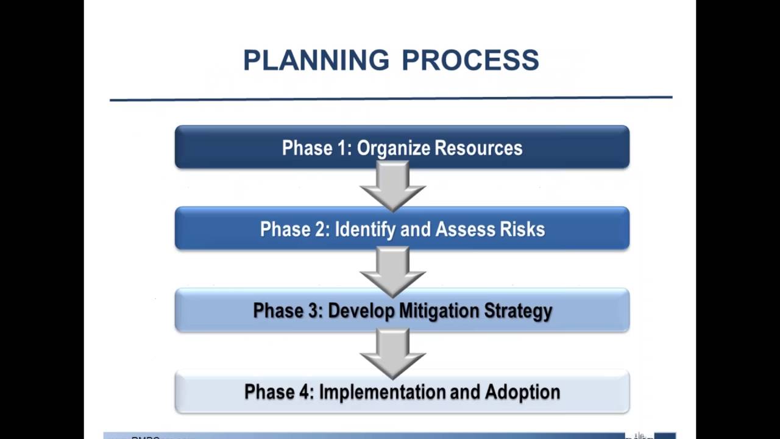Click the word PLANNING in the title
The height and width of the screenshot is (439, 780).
pos(316,60)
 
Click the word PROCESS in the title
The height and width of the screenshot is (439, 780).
pos(470,60)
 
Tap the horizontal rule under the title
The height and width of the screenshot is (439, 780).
pos(390,98)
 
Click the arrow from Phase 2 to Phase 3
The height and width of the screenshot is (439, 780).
pos(392,269)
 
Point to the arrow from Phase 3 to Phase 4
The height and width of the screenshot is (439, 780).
pos(392,352)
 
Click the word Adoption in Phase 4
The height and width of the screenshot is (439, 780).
pos(522,391)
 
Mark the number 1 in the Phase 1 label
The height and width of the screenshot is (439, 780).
pos(343,148)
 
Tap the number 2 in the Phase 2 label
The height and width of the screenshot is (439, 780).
pos(321,229)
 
